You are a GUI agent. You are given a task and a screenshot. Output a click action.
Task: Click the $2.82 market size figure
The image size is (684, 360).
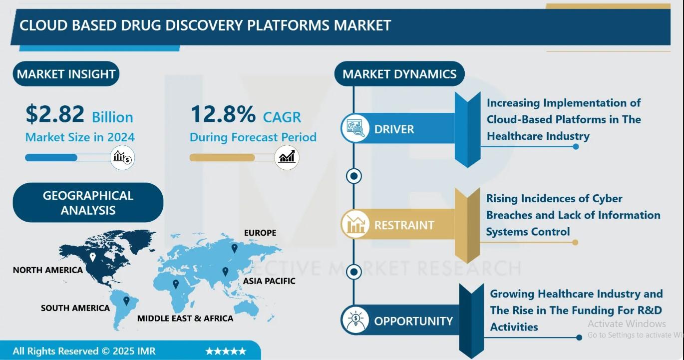[x=55, y=114]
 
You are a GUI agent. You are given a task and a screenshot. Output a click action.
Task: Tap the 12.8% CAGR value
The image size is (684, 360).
[x=223, y=114]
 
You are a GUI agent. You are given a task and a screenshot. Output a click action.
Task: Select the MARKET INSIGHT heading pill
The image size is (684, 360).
[x=66, y=74]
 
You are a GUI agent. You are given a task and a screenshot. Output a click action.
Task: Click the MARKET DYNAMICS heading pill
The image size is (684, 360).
[x=399, y=74]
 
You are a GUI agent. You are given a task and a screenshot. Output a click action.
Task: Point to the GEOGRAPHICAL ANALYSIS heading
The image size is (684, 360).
[x=88, y=203]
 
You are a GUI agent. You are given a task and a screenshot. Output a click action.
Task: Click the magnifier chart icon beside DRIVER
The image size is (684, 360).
[x=355, y=128]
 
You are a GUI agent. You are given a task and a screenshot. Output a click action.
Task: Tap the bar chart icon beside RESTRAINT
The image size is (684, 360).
[x=355, y=224]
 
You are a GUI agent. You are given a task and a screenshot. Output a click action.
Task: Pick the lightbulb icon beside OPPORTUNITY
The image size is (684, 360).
[x=355, y=320]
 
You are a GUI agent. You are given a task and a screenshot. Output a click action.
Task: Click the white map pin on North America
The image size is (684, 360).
[x=92, y=257]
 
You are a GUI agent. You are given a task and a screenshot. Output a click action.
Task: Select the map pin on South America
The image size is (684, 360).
[x=126, y=301]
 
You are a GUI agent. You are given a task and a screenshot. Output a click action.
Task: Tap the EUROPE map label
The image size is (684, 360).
[x=260, y=233]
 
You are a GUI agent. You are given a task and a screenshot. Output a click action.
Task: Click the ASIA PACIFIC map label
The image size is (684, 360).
[x=269, y=281]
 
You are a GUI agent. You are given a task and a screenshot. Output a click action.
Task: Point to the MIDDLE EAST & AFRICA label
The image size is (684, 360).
[x=185, y=319]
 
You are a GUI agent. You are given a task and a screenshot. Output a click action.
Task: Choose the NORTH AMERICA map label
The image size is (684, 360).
[x=48, y=270]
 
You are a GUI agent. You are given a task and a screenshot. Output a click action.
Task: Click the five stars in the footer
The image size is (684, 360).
[x=226, y=351]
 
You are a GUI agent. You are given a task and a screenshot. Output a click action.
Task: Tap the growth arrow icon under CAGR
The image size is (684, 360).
[x=287, y=158]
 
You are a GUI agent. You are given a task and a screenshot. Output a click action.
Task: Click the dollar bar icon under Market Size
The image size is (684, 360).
[x=122, y=158]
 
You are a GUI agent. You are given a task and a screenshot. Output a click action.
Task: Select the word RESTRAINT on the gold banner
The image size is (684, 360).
[x=404, y=225]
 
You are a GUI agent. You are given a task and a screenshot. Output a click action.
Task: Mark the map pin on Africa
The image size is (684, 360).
[x=176, y=284]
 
